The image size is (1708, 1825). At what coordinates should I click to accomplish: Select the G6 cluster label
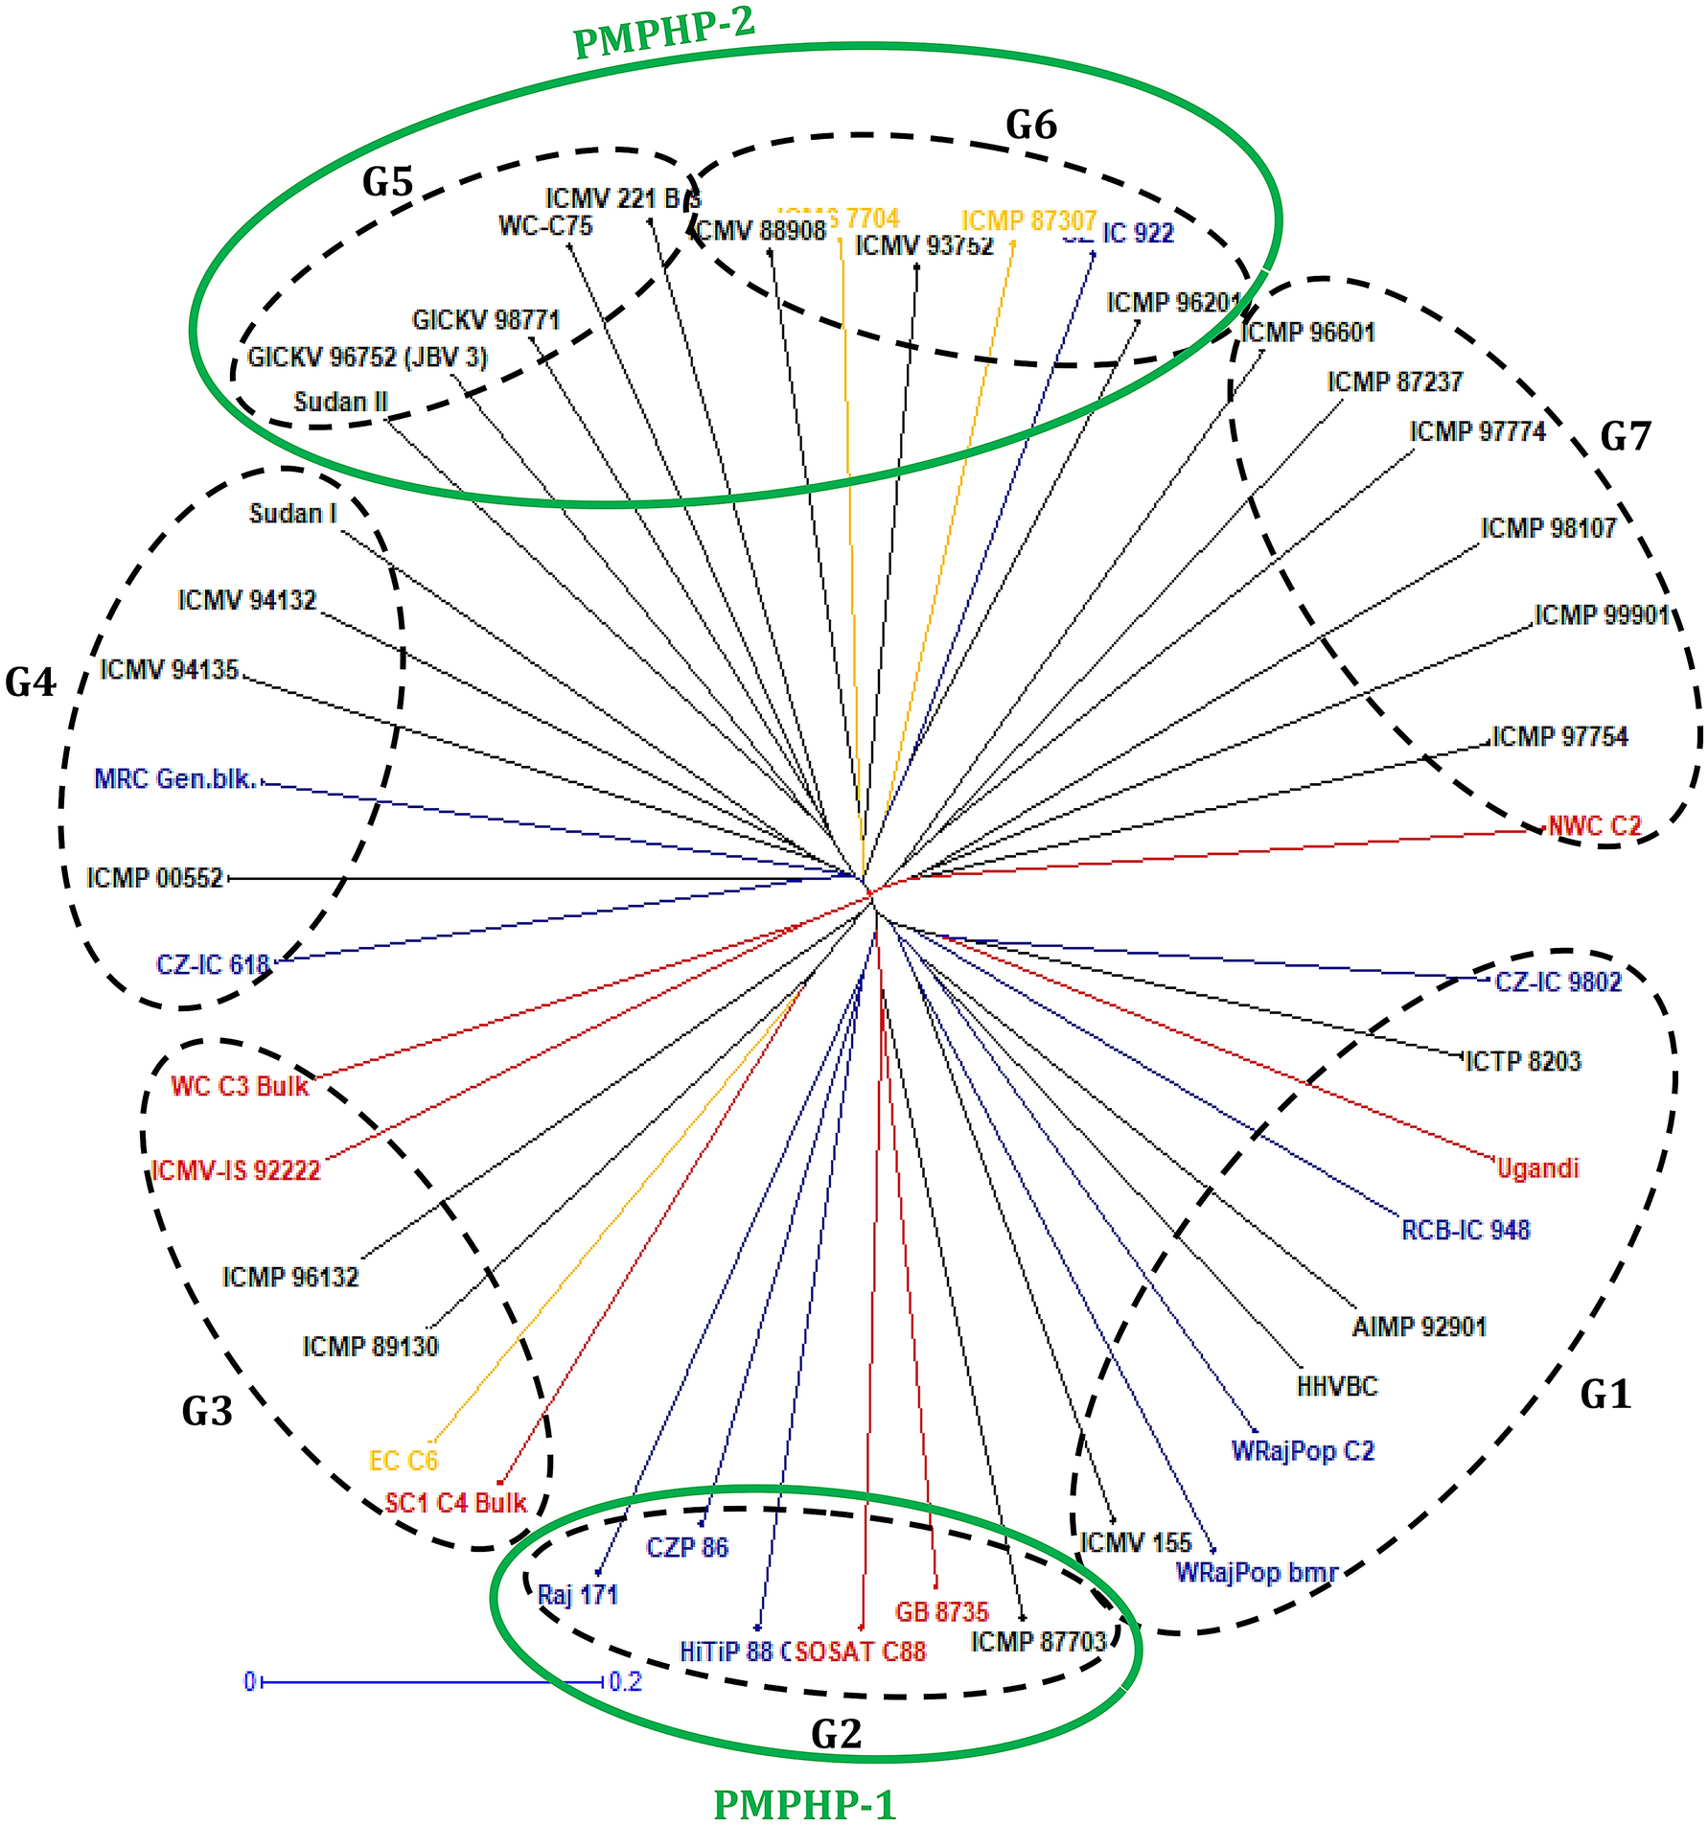[x=1030, y=126]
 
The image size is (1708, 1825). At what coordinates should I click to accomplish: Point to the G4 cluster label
[x=31, y=683]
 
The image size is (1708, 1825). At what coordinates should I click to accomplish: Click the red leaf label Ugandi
[x=1537, y=1168]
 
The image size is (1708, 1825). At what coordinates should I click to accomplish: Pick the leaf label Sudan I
[x=292, y=514]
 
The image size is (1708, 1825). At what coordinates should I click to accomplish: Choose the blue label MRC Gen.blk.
[x=175, y=779]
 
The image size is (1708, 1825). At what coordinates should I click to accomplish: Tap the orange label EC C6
[x=403, y=1461]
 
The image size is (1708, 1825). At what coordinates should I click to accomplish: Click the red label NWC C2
[x=1595, y=826]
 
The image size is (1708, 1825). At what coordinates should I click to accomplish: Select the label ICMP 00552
[x=154, y=878]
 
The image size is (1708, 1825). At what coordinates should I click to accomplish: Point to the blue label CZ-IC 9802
[x=1558, y=982]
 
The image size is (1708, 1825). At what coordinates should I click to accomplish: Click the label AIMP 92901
[x=1419, y=1328]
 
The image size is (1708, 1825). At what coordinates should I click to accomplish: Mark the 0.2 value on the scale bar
[x=625, y=1682]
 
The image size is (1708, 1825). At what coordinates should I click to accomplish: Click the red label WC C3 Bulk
[x=240, y=1086]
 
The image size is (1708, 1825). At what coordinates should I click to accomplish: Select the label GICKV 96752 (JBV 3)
[x=367, y=358]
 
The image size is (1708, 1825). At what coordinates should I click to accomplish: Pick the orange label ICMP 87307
[x=1028, y=220]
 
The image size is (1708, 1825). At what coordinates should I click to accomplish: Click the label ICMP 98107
[x=1548, y=528]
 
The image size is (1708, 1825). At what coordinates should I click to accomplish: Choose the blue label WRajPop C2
[x=1303, y=1450]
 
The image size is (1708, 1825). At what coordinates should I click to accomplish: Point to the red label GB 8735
[x=941, y=1612]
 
